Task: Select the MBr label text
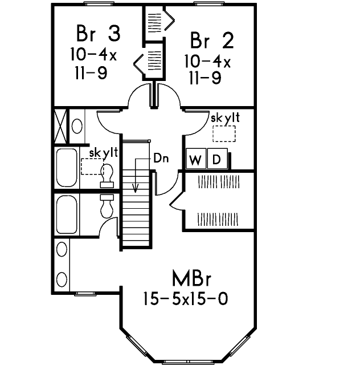(x=191, y=280)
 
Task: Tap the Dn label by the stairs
(x=161, y=159)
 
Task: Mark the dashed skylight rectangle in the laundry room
(x=224, y=133)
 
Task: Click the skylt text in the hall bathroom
(x=103, y=153)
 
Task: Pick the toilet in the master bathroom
(x=107, y=206)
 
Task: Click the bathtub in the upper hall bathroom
(x=67, y=168)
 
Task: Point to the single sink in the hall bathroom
(x=78, y=125)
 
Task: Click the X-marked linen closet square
(x=60, y=125)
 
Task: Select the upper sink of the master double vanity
(x=61, y=249)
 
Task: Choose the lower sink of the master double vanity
(x=61, y=279)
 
